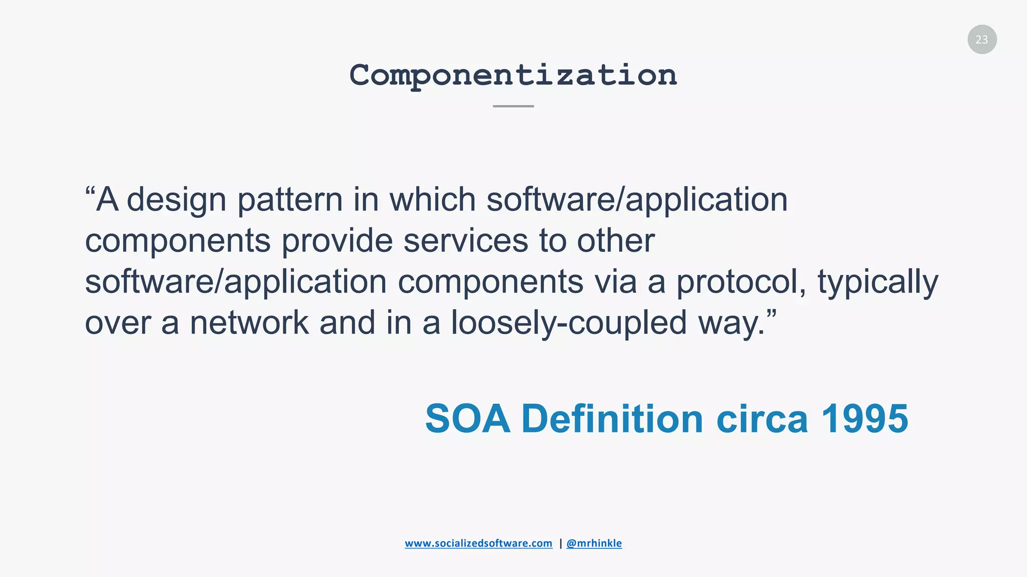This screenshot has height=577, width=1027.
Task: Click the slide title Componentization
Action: [513, 75]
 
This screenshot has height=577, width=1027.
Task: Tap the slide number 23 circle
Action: [982, 40]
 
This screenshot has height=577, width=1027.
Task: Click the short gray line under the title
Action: [513, 106]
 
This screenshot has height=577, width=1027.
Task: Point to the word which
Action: [432, 199]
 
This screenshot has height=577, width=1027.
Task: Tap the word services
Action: [465, 241]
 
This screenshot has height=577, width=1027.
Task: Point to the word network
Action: [249, 323]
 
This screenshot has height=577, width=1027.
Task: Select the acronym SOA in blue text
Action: [467, 419]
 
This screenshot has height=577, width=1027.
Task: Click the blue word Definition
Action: [612, 419]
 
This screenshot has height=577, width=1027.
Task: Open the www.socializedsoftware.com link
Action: [478, 543]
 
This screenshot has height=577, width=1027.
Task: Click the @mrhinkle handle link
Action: [594, 543]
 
